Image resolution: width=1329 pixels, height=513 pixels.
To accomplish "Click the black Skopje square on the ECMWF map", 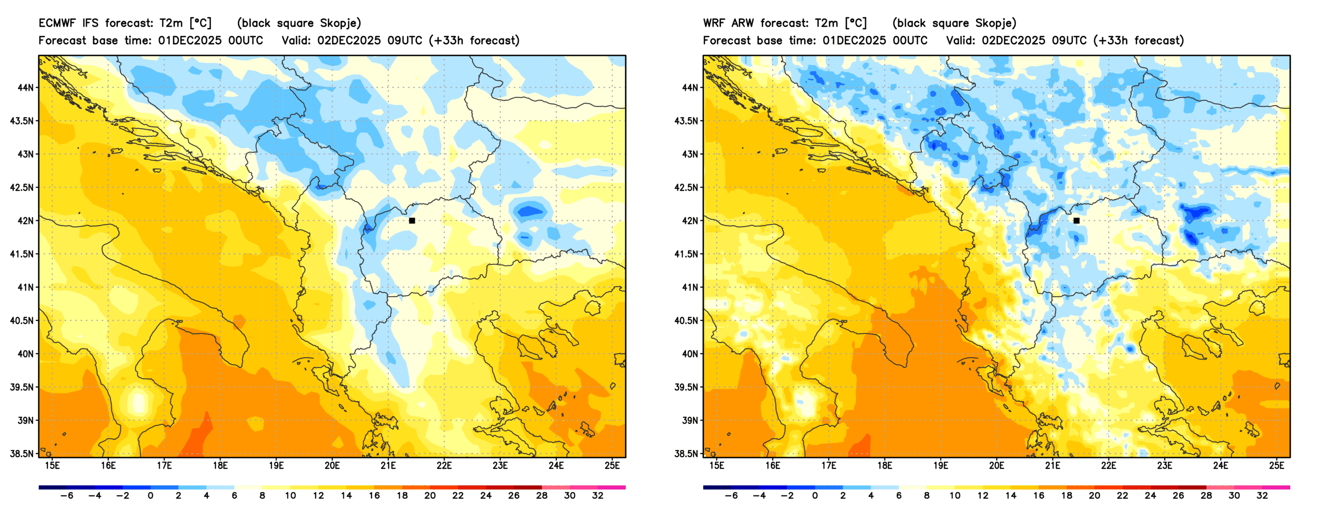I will [412, 221].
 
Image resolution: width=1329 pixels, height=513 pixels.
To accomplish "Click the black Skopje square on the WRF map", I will [1076, 221].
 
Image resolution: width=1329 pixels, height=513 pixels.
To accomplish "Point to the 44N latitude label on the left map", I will [25, 88].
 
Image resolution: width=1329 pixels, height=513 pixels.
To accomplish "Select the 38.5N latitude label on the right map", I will [687, 454].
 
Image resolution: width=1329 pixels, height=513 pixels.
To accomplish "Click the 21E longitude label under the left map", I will [388, 466].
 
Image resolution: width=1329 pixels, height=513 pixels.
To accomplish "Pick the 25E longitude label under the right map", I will [1276, 466].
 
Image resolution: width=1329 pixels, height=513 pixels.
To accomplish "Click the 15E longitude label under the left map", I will [52, 466].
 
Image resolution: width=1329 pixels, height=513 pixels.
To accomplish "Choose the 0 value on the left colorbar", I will [150, 496].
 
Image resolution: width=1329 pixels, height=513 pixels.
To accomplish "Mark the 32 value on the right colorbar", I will [1262, 496].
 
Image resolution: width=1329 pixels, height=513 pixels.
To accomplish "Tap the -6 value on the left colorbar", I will [66, 496].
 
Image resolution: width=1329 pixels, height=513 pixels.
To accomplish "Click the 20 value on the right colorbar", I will [1094, 496].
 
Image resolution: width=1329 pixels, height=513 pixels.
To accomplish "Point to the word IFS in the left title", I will [90, 23].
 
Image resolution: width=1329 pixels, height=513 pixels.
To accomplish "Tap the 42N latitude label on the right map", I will [690, 221].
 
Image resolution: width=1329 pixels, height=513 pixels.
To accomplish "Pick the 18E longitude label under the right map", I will [884, 466].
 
